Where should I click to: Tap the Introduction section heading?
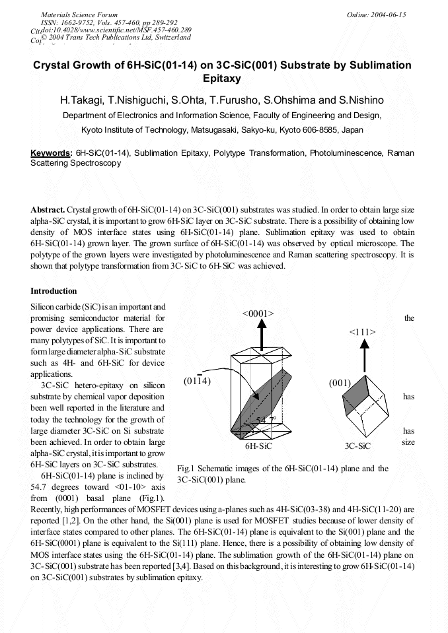54,291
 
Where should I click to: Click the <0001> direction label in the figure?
258,313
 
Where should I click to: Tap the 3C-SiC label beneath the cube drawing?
357,446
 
